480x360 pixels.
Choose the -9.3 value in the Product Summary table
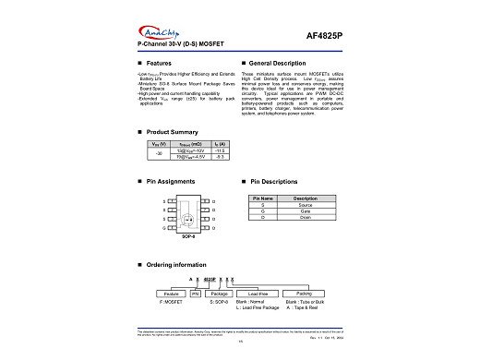(x=220, y=159)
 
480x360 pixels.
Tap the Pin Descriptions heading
(x=273, y=182)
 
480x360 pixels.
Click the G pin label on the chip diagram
(x=164, y=227)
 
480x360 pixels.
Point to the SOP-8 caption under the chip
(x=188, y=236)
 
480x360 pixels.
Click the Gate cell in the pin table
(x=306, y=211)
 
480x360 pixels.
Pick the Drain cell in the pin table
(x=306, y=218)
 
